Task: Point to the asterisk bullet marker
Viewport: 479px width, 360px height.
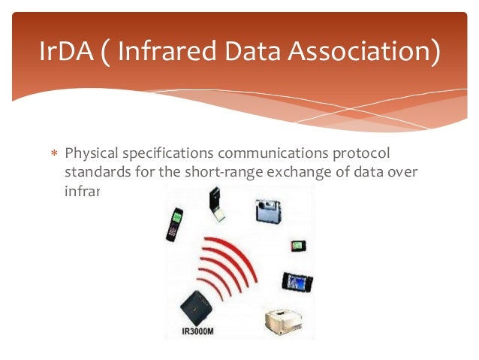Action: tap(53, 155)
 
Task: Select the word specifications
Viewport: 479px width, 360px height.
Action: tap(164, 154)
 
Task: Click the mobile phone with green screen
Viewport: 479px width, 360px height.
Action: tap(174, 224)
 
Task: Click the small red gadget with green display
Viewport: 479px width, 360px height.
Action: tap(298, 245)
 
